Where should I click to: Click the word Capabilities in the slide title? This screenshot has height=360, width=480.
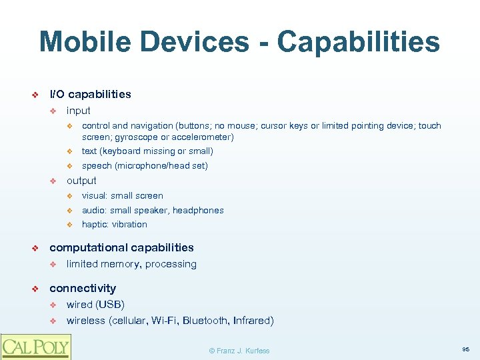tap(359, 41)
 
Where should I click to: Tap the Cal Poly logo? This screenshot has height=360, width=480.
tap(35, 346)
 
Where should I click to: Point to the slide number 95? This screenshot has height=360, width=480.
tap(465, 349)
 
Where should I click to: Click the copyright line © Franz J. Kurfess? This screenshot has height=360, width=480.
tap(239, 351)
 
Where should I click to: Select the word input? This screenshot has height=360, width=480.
tap(78, 111)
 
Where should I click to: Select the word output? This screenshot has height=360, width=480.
tap(81, 181)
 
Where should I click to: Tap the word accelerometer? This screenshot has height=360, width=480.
tap(199, 137)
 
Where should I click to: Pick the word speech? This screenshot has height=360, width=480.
tap(97, 166)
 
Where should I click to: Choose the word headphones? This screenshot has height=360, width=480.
tap(198, 211)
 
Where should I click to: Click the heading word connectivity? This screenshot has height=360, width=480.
tap(83, 288)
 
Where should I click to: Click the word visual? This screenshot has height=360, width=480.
tap(94, 196)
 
